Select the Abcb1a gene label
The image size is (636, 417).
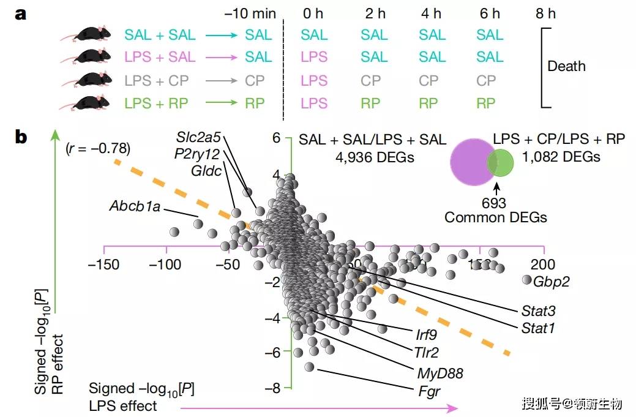click(x=135, y=206)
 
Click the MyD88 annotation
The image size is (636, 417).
click(x=440, y=373)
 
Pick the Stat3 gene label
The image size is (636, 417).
click(x=539, y=311)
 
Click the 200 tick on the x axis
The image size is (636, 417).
click(x=543, y=265)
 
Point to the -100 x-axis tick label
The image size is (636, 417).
click(x=165, y=265)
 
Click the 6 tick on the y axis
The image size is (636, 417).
click(x=276, y=139)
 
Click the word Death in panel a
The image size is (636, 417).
click(x=566, y=66)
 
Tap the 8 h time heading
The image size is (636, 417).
click(x=545, y=13)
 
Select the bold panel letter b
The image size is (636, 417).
click(x=21, y=138)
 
